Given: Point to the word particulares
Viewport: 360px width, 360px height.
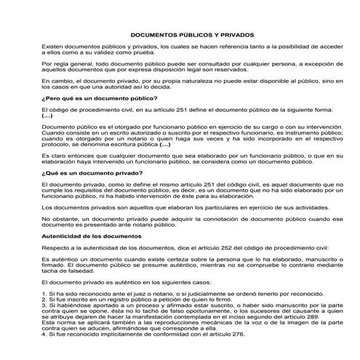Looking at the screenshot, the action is [207, 207].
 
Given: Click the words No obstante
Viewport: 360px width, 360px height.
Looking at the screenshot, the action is [60, 218].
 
